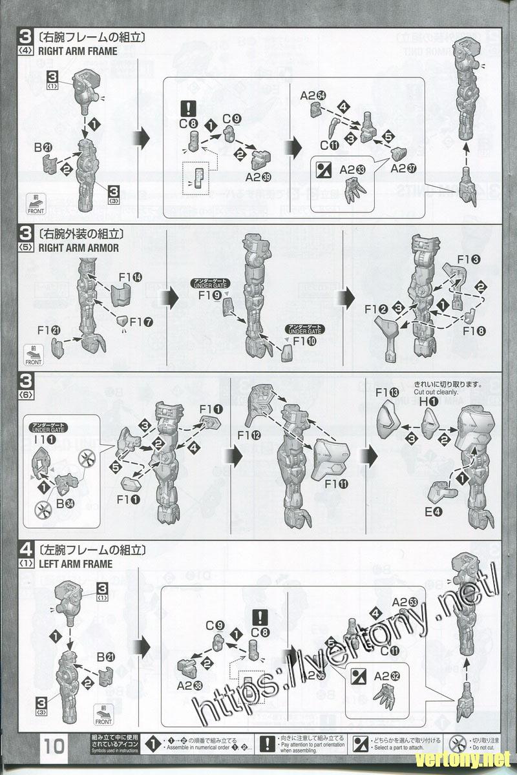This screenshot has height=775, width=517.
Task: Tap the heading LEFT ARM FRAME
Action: pos(75,564)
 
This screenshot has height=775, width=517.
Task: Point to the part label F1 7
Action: pos(141,321)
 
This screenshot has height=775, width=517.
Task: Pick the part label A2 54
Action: pos(313,96)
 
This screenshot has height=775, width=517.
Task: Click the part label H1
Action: pos(428,401)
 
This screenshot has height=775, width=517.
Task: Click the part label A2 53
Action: pos(405,601)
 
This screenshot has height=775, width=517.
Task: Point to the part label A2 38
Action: pos(189,687)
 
